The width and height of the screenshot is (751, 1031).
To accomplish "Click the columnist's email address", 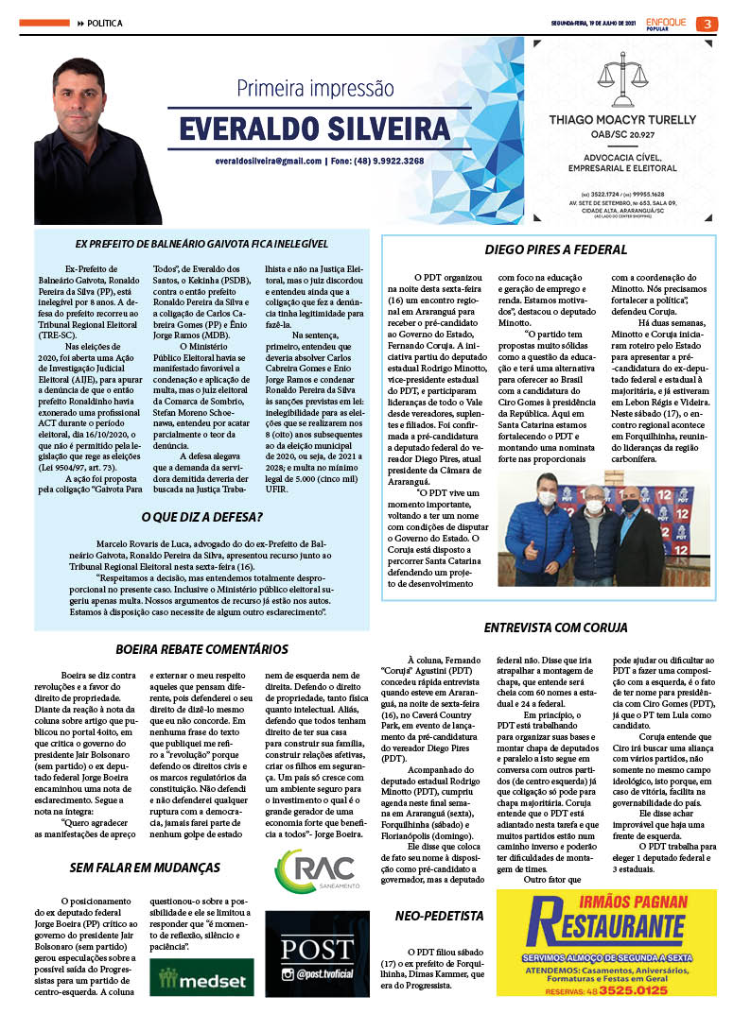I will pos(269,162).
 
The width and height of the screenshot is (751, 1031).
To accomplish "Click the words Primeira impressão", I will pos(314,90).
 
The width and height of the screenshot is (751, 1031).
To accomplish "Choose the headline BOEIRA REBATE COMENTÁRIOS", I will pos(201,649).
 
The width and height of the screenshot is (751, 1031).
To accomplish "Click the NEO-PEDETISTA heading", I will pos(439,916).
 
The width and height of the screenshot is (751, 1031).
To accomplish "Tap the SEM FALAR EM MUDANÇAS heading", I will pos(145,868).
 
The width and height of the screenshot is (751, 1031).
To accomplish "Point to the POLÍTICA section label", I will pos(103,23).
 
